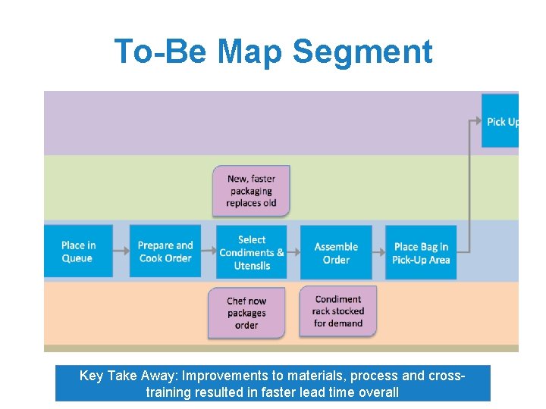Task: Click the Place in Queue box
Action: point(78,251)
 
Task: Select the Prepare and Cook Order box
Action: point(165,251)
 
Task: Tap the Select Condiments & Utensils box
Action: point(252,251)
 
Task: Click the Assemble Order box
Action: point(336,251)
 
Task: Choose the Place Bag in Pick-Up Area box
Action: point(421,251)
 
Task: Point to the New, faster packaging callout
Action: point(251,190)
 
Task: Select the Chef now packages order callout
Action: point(246,313)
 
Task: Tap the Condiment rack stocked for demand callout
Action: point(338,311)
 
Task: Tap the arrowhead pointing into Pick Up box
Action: point(477,120)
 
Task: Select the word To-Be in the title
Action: point(161,52)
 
